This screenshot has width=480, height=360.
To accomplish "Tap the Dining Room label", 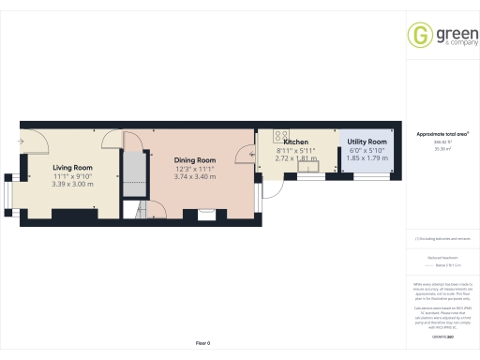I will [x=195, y=160].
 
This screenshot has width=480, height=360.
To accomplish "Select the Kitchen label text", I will [x=296, y=142].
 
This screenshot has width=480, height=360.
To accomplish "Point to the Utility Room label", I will [x=360, y=142].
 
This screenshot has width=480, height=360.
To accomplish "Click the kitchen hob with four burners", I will [x=281, y=132].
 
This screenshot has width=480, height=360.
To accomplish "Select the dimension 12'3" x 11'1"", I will [x=195, y=169].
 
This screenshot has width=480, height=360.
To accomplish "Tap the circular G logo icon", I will [x=418, y=35].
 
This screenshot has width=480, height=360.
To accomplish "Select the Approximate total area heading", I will [x=442, y=134].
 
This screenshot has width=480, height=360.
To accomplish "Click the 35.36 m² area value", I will [x=442, y=148].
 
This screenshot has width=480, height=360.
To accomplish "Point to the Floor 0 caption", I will [x=202, y=344].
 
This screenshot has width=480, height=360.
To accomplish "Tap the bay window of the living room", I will [x=7, y=191].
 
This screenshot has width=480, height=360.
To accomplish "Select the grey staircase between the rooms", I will [x=137, y=170].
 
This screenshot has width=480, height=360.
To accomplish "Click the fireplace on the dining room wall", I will [x=204, y=212].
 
